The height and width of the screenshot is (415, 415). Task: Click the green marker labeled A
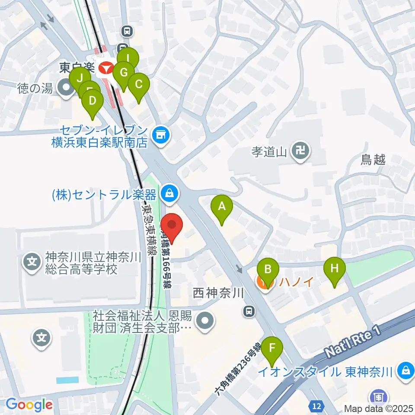(x=222, y=206)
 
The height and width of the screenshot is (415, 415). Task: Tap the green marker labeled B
(x=268, y=270)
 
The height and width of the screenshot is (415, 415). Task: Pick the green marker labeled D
(x=93, y=102)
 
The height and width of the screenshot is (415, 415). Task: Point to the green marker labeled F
(x=273, y=348)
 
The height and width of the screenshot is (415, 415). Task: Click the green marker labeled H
(x=335, y=268)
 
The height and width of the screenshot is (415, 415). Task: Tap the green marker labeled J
(x=80, y=78)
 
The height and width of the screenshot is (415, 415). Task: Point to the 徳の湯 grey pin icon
(x=67, y=89)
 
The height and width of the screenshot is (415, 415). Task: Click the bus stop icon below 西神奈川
(x=249, y=310)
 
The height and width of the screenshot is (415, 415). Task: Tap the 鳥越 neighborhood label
(x=373, y=160)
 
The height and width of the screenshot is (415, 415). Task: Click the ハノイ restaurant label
(x=296, y=282)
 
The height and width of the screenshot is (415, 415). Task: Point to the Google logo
(x=29, y=405)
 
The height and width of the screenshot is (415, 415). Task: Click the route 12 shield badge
(x=316, y=406)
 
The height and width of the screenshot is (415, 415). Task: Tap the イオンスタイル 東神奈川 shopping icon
(x=406, y=370)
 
